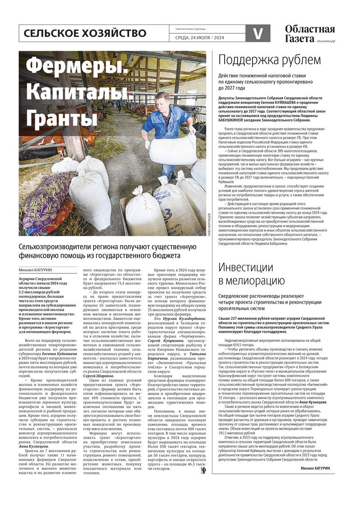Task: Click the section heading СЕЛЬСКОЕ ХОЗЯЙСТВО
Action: (x=85, y=33)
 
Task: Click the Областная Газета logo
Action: (x=310, y=33)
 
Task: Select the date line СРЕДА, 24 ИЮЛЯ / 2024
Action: (x=199, y=37)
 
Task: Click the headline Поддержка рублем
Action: (x=270, y=60)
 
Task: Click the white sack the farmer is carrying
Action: (x=172, y=148)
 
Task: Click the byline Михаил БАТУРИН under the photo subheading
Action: (x=36, y=270)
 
